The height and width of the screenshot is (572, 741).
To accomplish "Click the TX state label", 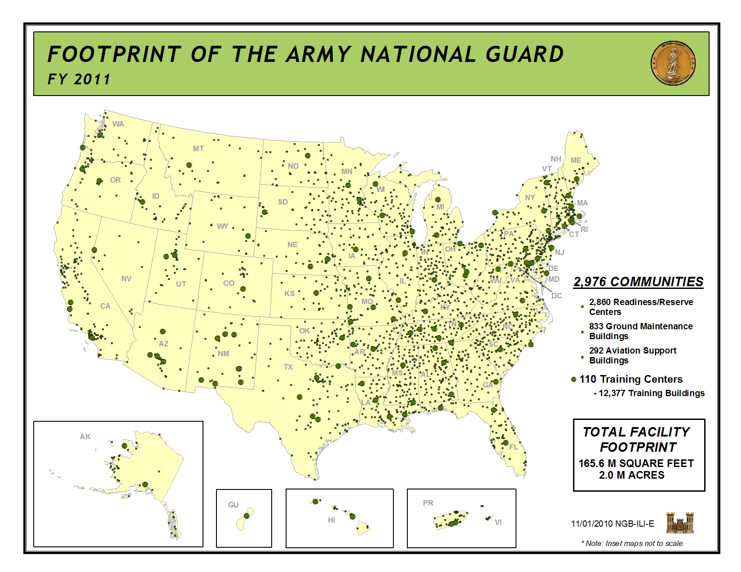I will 288,367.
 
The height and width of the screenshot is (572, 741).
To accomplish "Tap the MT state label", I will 198,148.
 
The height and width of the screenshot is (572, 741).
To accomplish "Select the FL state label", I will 514,447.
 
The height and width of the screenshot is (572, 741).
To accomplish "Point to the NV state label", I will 126,279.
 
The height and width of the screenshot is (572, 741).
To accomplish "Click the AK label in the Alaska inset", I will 85,437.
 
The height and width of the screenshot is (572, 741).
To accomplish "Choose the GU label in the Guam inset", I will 234,505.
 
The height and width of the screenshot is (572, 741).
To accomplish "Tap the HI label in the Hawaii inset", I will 331,520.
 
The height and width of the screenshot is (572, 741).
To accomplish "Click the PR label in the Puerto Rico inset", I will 428,503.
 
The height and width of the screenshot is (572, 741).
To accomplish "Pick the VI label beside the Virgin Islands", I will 498,522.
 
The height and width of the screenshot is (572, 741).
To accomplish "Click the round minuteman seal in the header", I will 673,64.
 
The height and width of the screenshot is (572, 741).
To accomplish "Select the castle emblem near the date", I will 679,523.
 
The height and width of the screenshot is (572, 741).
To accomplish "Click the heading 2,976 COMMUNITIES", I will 638,282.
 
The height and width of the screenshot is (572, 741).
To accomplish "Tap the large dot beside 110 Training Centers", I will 573,380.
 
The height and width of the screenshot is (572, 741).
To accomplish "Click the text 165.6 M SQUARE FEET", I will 636,463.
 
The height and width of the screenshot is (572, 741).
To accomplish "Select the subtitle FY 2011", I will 79,79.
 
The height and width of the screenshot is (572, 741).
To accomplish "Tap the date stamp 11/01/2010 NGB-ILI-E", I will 613,524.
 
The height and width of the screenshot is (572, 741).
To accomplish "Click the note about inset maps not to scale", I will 633,543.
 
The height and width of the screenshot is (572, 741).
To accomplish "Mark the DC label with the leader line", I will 556,296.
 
